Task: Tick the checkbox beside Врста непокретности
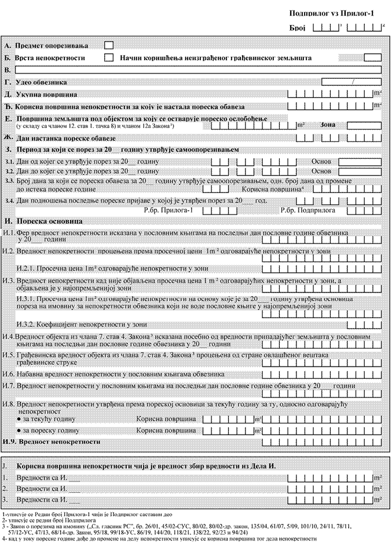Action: click(108, 57)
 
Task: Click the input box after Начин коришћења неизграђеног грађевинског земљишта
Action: click(372, 57)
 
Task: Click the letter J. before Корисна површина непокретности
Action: click(5, 466)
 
